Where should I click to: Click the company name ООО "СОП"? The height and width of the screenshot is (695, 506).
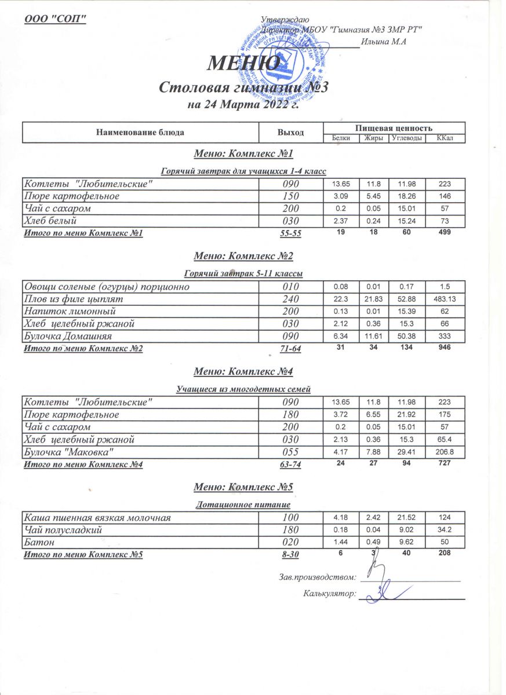pyautogui.click(x=55, y=19)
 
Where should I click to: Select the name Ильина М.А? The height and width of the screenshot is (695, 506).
pyautogui.click(x=383, y=41)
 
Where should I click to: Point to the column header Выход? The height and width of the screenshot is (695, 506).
pyautogui.click(x=291, y=133)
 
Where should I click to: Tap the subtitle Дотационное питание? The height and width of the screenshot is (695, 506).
pyautogui.click(x=244, y=505)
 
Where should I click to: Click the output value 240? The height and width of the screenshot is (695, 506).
pyautogui.click(x=290, y=299)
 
